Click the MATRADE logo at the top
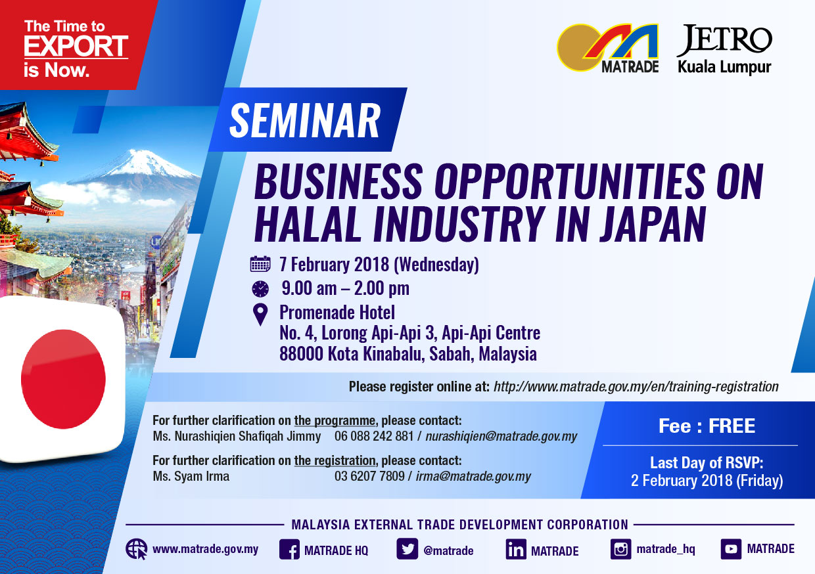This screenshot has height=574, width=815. (607, 48)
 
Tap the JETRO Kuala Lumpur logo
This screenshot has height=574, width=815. (724, 50)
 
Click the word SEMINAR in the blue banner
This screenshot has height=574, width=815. (305, 120)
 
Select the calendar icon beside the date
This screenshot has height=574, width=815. (260, 264)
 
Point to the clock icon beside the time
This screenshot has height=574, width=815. (260, 289)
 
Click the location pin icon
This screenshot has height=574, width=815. (260, 315)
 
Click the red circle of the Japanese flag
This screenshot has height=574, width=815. (63, 379)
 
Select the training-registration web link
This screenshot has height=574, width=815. (636, 386)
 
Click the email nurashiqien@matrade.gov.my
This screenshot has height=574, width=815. (501, 436)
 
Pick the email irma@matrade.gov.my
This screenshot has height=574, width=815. (473, 476)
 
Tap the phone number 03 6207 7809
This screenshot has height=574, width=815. (369, 476)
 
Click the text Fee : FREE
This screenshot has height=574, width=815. (707, 426)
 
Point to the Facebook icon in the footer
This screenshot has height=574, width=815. (289, 549)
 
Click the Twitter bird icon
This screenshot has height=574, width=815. (407, 549)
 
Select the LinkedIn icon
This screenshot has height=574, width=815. (516, 549)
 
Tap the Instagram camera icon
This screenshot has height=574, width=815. (620, 549)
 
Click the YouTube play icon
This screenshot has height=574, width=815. (731, 549)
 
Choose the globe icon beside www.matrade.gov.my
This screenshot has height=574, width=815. (137, 549)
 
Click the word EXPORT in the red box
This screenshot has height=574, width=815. (76, 46)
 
